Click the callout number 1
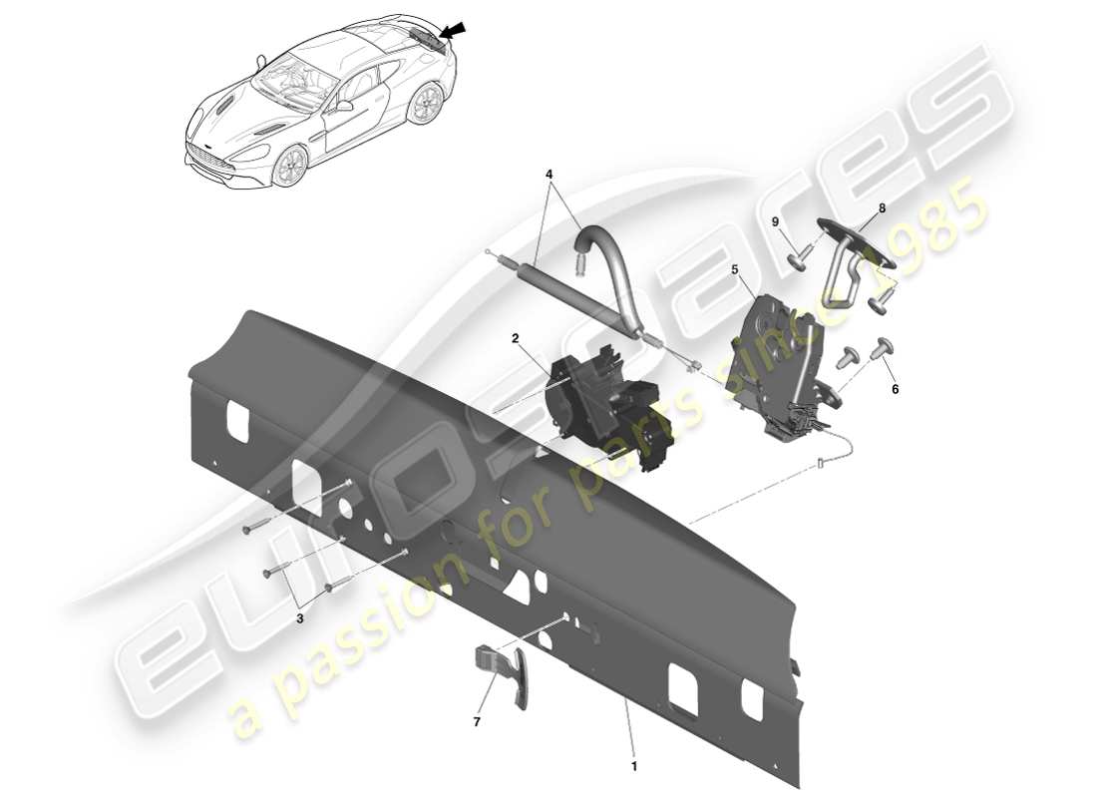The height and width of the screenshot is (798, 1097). tap(633, 766)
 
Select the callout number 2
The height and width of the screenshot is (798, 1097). tap(516, 338)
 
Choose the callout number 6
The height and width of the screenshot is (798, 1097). tap(895, 389)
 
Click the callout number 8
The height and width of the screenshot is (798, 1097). tap(881, 209)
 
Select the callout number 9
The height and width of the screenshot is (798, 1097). tap(774, 221)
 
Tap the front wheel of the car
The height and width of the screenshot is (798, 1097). tap(291, 167)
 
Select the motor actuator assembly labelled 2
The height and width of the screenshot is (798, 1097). tap(598, 404)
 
